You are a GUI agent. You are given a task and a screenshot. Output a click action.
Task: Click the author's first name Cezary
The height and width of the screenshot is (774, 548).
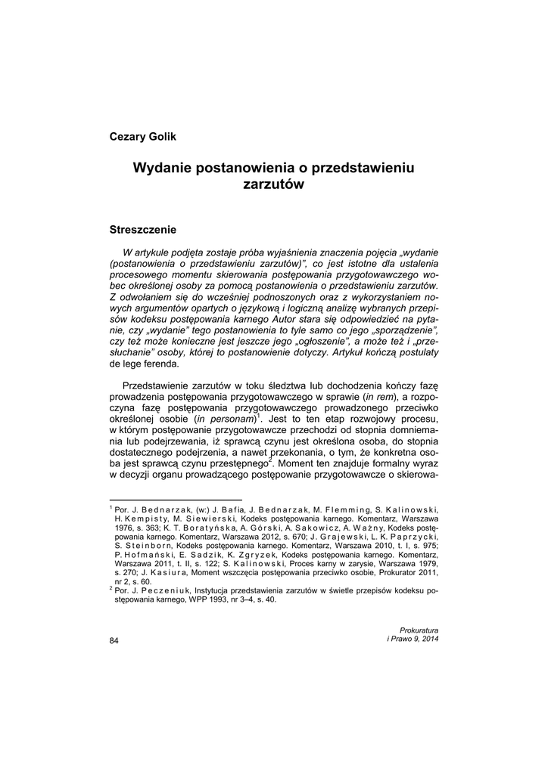coord(130,136)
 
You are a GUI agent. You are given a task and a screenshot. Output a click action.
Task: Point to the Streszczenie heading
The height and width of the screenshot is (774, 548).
coord(143,228)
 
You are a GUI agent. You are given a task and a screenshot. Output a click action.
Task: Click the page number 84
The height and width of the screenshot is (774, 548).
coord(114,641)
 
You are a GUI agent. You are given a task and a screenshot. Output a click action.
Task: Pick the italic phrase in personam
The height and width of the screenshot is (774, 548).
coord(225,418)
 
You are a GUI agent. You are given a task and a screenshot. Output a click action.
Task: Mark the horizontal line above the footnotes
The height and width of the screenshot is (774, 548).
coord(176,500)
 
